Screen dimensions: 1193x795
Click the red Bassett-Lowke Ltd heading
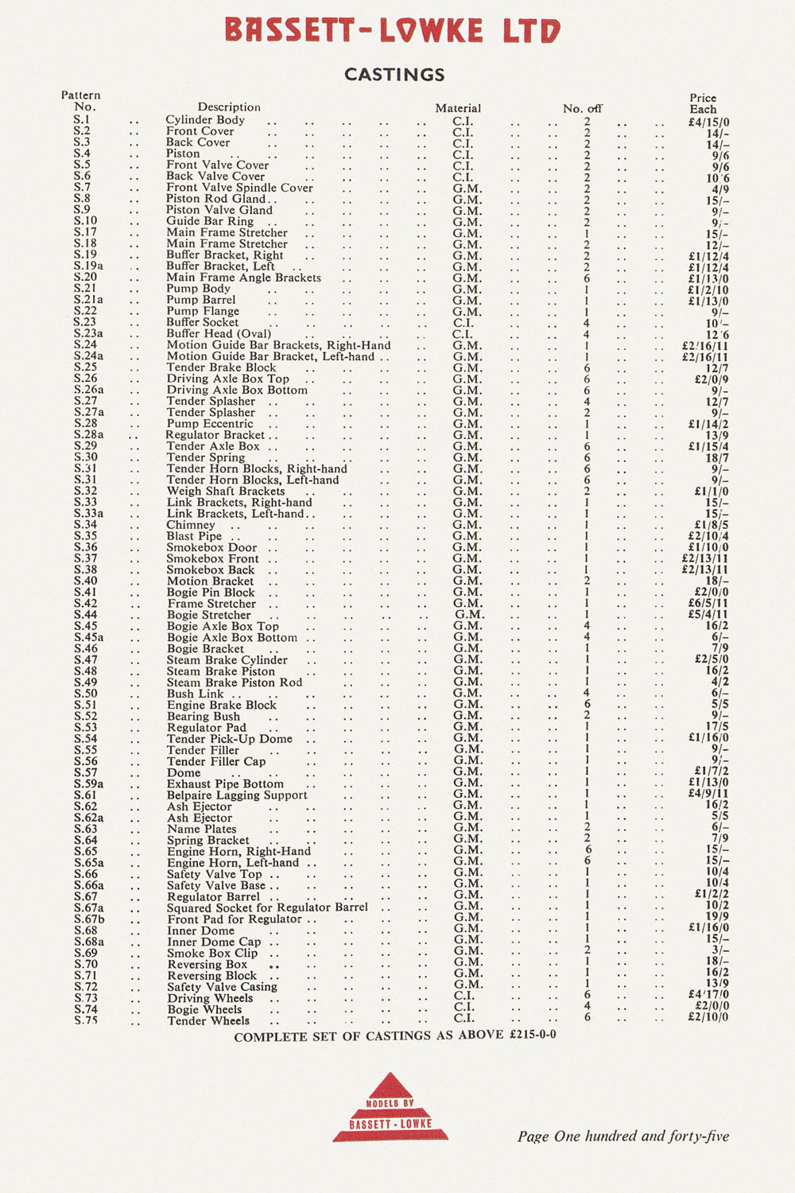click(x=393, y=31)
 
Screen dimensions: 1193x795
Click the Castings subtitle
click(x=394, y=75)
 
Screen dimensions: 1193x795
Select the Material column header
click(x=458, y=108)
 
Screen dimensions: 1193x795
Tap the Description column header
click(x=229, y=107)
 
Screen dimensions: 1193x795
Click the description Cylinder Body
click(x=205, y=120)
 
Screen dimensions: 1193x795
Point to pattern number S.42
click(x=85, y=604)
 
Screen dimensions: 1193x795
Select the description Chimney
click(x=191, y=525)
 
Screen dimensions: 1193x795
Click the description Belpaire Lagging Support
click(x=237, y=795)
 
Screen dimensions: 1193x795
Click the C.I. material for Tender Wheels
click(x=463, y=1018)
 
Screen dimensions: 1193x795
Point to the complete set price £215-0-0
click(x=532, y=1036)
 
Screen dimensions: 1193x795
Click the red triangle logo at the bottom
click(x=390, y=1108)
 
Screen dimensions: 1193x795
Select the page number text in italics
click(x=623, y=1137)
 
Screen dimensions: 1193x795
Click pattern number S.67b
click(x=89, y=919)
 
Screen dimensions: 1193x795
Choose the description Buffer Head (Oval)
click(x=219, y=334)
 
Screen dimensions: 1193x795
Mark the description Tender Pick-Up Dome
click(x=230, y=739)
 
